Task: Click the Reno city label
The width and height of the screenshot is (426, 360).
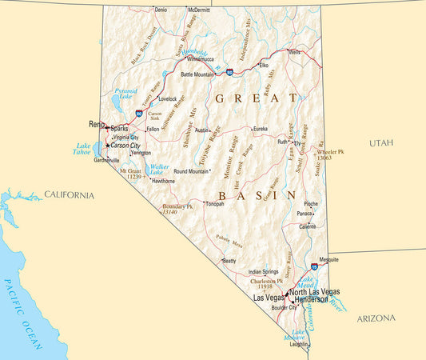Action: coord(96,125)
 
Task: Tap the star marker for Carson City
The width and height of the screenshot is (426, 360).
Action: coord(108,146)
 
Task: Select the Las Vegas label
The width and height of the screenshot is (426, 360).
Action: coord(268,298)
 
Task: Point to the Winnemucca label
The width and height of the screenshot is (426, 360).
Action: coord(199,59)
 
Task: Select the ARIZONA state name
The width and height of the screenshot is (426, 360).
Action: coord(376,318)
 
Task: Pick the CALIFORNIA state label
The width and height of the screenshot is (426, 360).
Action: coord(69,195)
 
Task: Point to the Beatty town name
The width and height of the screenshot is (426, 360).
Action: coord(229,261)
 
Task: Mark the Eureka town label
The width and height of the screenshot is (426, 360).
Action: coord(261,129)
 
